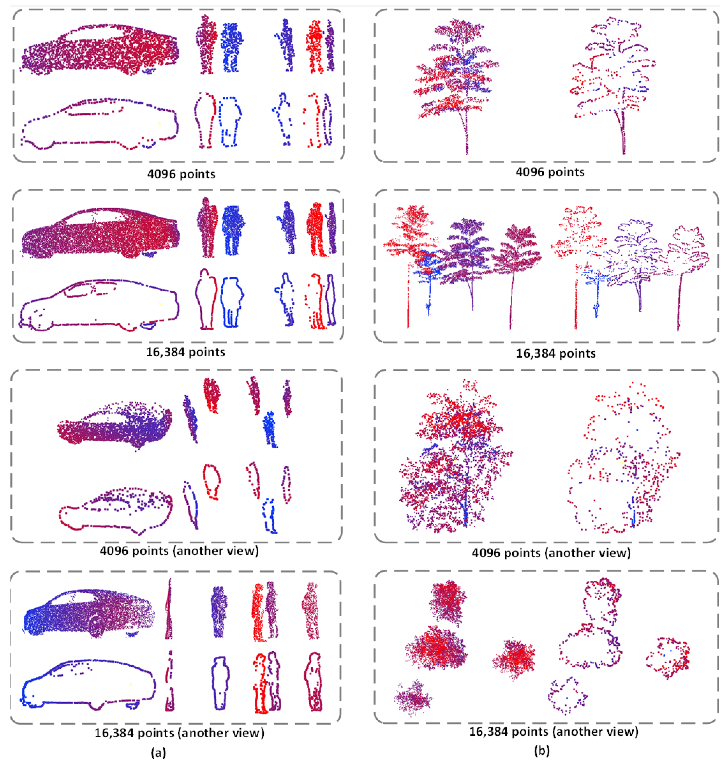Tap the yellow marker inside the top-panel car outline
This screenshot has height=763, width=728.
point(159,123)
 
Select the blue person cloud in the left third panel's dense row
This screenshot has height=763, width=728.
point(270,429)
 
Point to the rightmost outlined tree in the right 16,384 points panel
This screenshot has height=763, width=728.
point(686,264)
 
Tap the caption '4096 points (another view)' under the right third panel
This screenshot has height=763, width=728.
point(551,552)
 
